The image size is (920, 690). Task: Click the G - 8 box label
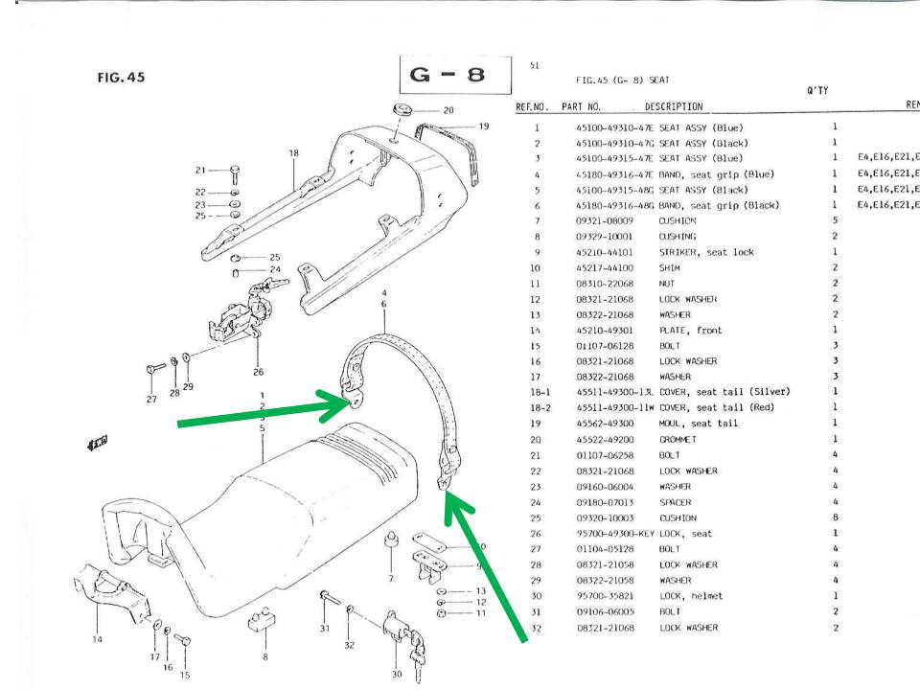click(448, 74)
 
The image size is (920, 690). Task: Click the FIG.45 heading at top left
click(121, 78)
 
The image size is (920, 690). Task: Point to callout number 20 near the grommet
click(448, 110)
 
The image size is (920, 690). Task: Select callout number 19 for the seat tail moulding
click(483, 126)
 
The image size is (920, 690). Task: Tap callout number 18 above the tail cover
click(293, 153)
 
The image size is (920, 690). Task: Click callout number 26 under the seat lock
click(258, 372)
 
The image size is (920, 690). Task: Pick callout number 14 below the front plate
click(97, 640)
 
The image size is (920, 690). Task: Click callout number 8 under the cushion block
click(264, 656)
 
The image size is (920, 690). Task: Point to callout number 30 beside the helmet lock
click(396, 674)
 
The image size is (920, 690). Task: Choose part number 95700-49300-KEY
click(613, 534)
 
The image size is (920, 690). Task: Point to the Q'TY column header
click(816, 91)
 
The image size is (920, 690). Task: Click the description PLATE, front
click(690, 331)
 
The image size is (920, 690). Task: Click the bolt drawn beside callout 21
click(236, 173)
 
